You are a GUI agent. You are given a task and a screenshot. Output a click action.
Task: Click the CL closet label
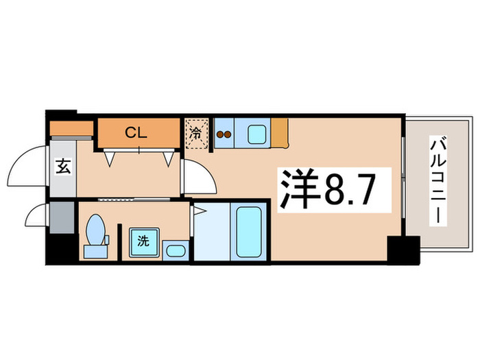click(136, 134)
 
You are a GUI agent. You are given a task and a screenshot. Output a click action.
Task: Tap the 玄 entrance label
click(62, 165)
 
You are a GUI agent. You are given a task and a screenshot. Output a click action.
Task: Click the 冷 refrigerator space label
click(195, 134)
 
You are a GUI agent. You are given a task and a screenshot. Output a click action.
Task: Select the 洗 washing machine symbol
click(143, 241)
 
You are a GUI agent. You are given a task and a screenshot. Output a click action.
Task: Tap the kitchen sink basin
click(257, 133)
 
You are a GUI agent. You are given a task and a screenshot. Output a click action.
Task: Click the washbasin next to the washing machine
click(176, 250)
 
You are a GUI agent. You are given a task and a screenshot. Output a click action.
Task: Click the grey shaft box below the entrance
click(62, 218)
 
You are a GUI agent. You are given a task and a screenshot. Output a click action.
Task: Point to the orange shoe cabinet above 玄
click(71, 130)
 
